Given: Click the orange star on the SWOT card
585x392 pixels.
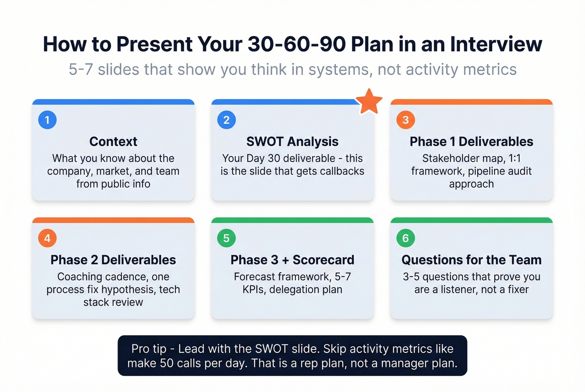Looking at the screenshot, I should coord(369,102).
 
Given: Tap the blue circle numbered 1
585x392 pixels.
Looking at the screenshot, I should coord(47,120).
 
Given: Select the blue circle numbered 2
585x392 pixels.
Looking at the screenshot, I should coord(226,120).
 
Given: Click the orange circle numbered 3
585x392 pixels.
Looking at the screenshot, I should coord(405,120).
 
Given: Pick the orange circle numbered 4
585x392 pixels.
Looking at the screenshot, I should coord(47,238).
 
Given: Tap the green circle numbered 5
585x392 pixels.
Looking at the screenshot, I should coord(226,238).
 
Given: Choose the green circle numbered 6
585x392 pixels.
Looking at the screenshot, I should coord(405,238).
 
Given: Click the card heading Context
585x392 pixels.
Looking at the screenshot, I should coord(113,142).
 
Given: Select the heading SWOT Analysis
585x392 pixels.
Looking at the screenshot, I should coord(292,142).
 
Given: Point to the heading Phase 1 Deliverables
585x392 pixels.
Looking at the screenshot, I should coord(471,142).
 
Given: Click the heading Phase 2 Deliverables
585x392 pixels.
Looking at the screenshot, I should coord(113,260).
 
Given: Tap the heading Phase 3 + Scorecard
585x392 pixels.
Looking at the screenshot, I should coord(292,260).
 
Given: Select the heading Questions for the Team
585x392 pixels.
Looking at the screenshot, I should coord(471,260).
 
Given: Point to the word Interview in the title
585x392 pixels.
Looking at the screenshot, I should coord(496,44).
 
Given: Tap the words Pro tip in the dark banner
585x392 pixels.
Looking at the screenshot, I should coord(149,349).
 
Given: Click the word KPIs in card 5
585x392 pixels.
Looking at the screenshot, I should coord(254,290).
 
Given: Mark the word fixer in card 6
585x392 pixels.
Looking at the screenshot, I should coord(518,290).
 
